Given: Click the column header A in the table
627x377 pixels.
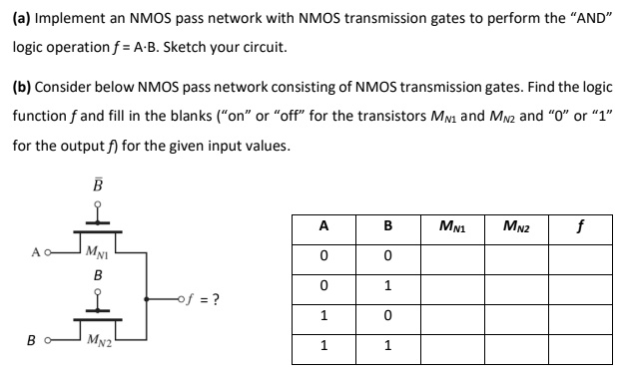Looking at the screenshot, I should [x=322, y=226].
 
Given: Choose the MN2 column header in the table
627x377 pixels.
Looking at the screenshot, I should [x=515, y=226].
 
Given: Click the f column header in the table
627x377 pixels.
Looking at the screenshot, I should [x=579, y=226].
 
